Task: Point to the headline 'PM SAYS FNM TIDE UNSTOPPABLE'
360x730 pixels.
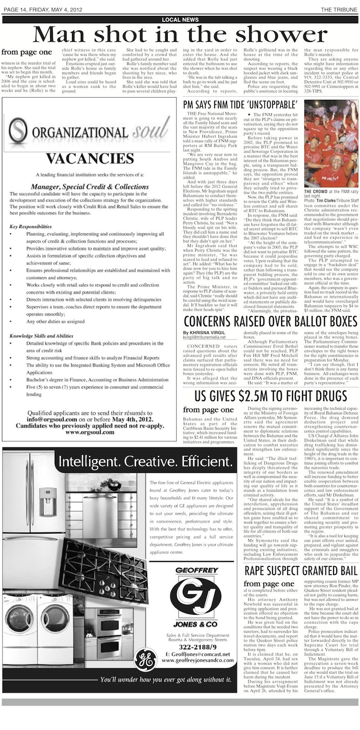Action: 240,104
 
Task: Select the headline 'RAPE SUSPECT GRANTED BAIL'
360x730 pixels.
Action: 301,571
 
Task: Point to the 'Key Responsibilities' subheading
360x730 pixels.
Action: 31,226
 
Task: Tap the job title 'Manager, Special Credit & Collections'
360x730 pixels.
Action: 90,186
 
